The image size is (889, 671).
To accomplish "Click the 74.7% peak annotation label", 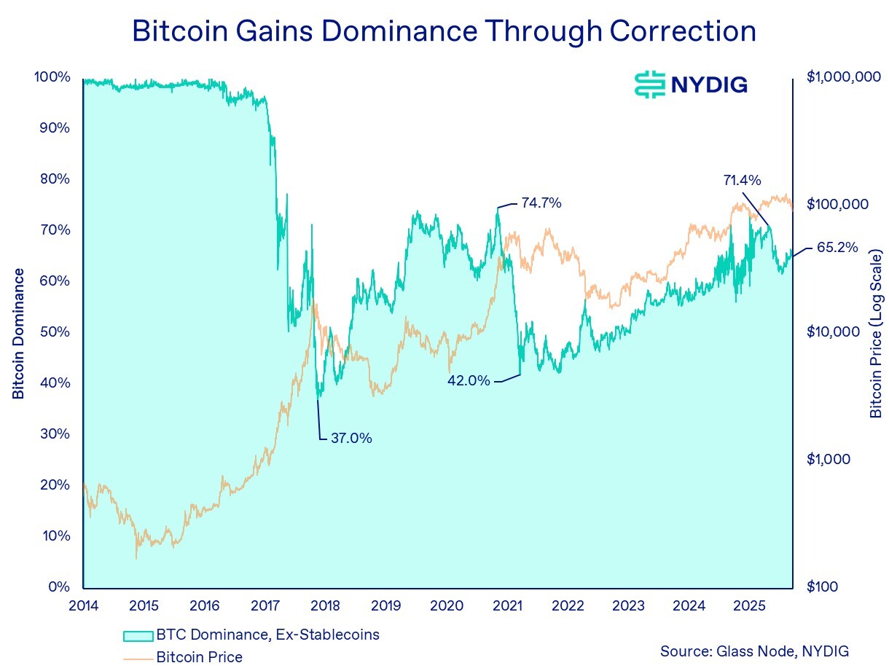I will (x=541, y=204).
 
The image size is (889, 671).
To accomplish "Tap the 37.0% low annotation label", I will (x=351, y=439).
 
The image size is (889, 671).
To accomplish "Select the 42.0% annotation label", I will (x=469, y=380).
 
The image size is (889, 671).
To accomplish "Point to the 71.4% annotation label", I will (x=742, y=179).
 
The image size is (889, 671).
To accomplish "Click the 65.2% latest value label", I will (x=837, y=247).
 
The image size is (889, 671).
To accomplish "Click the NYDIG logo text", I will (x=708, y=85).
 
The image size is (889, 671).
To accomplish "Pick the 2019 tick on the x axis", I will (x=385, y=605).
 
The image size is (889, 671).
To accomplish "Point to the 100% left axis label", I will (x=52, y=77).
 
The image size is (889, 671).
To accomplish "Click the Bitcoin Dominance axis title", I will (x=19, y=334).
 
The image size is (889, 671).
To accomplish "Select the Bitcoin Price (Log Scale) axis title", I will (x=876, y=334).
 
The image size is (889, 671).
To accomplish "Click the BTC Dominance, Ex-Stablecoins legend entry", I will (x=267, y=635).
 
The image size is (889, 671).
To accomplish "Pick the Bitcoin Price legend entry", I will (x=199, y=657).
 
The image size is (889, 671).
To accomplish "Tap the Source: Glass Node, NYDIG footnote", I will (x=754, y=651).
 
